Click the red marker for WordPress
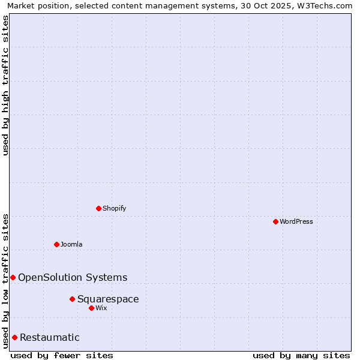(x=275, y=221)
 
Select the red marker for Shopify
(x=98, y=208)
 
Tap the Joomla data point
(x=56, y=244)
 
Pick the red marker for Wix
(x=91, y=308)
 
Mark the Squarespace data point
(x=72, y=299)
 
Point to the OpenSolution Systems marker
(x=13, y=277)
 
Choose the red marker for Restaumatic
(x=14, y=337)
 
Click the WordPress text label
(x=296, y=221)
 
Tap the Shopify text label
(x=114, y=208)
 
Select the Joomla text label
(x=71, y=244)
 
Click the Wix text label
(x=101, y=308)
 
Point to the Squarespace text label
(x=108, y=299)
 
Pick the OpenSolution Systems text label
(x=73, y=277)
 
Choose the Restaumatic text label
(x=50, y=337)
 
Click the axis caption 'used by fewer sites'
(x=62, y=355)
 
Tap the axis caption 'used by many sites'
(x=301, y=355)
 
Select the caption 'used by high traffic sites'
(x=5, y=85)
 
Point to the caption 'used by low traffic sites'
(x=5, y=280)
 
